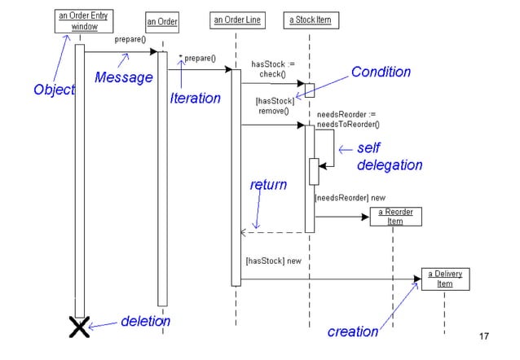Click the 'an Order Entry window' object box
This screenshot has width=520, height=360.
86,21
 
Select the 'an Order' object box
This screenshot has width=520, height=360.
162,21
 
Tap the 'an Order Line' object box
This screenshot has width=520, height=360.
236,19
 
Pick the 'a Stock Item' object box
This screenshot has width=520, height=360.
310,19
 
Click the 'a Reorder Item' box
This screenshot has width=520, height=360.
394,216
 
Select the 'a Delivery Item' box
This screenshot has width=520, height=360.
444,279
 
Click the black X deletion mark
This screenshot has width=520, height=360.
79,327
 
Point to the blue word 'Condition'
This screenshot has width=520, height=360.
381,72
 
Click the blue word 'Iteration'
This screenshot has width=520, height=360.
195,99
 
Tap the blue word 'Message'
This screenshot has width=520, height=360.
124,77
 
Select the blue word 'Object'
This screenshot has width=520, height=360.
55,90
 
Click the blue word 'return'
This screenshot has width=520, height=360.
268,185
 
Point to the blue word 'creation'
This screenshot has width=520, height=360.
353,331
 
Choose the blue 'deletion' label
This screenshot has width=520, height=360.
145,321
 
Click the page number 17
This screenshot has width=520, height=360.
484,336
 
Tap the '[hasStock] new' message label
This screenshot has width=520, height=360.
273,261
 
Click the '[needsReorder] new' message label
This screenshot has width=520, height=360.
350,198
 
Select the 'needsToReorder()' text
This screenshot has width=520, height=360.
348,125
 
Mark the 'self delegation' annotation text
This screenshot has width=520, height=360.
389,157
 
